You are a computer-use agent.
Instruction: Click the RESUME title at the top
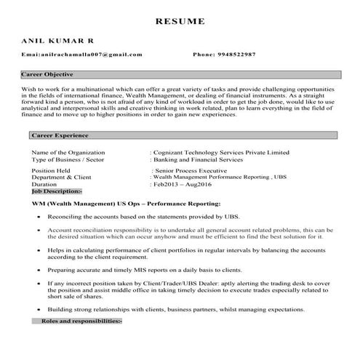click(180, 21)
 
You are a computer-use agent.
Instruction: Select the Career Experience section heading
click(60, 135)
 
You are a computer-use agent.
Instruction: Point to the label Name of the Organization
click(68, 152)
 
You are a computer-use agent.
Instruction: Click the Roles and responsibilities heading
click(81, 321)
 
